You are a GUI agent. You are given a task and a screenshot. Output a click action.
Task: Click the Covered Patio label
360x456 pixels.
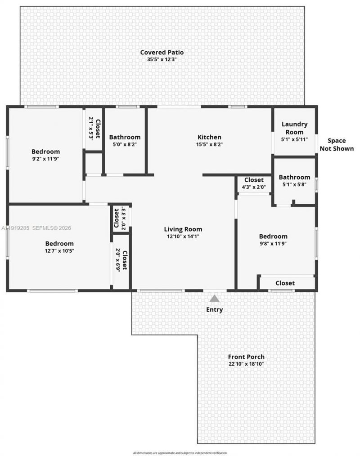coord(162,52)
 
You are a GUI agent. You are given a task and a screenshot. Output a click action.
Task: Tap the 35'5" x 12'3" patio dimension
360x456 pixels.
coord(162,59)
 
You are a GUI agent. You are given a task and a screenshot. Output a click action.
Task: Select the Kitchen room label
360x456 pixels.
coord(209,137)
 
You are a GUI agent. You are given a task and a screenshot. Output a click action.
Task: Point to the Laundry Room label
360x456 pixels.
coord(294,128)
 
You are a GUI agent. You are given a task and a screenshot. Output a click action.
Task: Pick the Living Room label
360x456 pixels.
coord(183,229)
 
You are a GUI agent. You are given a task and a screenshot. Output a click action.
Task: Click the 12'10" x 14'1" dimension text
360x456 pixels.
coord(183,236)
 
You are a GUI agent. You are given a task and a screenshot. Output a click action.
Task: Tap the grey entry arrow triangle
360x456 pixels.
coord(215,298)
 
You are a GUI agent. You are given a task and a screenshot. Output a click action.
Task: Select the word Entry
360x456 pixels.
coord(215,309)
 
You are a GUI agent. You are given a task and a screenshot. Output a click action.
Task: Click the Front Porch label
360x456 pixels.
coord(246,357)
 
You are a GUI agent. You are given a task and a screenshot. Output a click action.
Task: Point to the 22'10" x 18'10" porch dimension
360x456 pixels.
coord(246,364)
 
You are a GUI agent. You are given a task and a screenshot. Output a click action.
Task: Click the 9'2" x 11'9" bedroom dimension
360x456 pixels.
coord(45,159)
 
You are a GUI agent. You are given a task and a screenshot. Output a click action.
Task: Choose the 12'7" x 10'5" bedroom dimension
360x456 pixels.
coord(59,251)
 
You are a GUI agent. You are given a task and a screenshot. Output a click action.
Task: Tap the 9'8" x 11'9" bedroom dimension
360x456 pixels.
coord(273,244)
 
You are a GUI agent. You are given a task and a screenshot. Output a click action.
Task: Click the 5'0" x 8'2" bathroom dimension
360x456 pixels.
coord(125,144)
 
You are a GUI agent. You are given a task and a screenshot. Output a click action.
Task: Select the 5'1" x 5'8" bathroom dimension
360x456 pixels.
coord(294,184)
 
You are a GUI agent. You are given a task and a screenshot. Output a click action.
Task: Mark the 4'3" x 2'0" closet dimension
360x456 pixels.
coord(254,187)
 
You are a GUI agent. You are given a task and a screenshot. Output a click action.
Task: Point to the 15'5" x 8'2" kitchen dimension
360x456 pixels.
coord(209,144)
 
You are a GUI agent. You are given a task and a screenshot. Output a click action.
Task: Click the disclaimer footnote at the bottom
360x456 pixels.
coord(180,453)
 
